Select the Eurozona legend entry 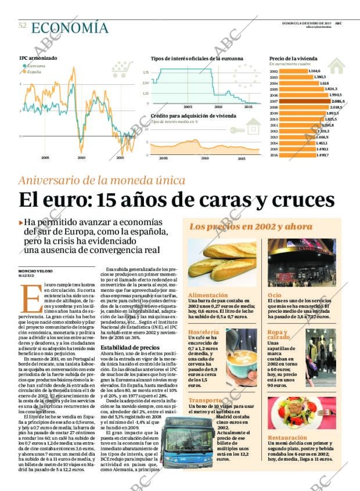pyautogui.click(x=34, y=66)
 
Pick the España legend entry pyautogui.click(x=33, y=71)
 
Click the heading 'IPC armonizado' pyautogui.click(x=38, y=59)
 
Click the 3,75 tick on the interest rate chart pyautogui.click(x=145, y=73)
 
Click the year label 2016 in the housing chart pyautogui.click(x=274, y=155)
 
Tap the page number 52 pyautogui.click(x=22, y=26)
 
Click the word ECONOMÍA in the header pyautogui.click(x=69, y=28)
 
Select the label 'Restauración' pyautogui.click(x=285, y=436)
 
